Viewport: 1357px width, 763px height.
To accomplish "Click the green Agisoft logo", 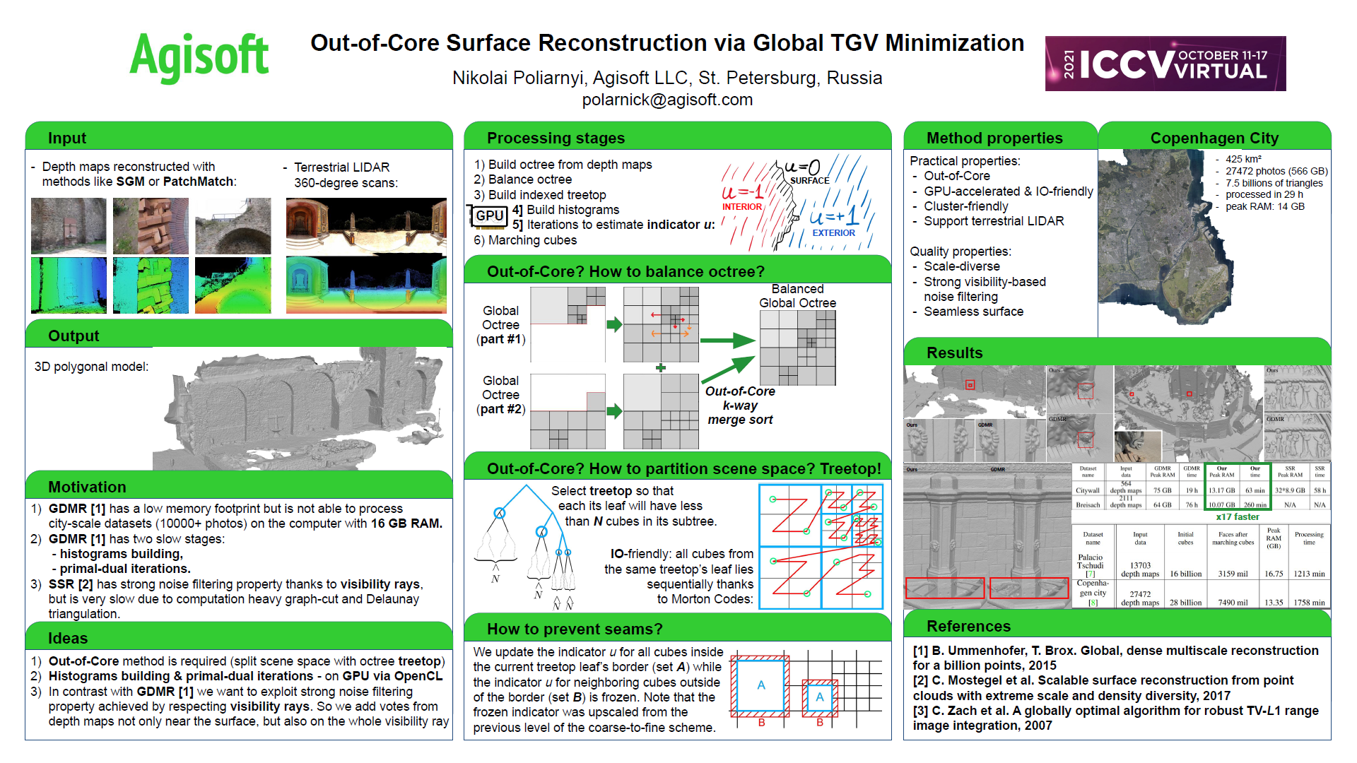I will pos(199,57).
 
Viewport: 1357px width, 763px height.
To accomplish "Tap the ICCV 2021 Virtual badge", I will pos(1165,64).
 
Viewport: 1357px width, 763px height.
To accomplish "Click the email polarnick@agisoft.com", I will pos(667,100).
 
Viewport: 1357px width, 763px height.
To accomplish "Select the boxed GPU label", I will pos(489,215).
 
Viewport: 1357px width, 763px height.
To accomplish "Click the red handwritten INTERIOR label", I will pos(741,207).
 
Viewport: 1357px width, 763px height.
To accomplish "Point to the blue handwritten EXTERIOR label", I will pos(833,232).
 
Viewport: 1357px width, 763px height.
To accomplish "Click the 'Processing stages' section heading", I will pos(556,138).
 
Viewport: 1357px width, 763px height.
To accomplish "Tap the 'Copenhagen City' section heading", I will pos(1214,138).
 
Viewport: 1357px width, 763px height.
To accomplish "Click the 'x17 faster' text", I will pos(1237,516).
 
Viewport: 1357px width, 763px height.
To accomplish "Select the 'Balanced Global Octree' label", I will pos(797,296).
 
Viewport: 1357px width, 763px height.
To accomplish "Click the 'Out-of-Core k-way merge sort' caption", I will pos(740,406).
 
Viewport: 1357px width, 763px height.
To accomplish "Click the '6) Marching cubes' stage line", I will pos(525,240).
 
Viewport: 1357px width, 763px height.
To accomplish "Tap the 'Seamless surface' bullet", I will pos(973,312).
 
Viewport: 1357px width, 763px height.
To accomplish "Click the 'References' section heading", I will pos(968,626).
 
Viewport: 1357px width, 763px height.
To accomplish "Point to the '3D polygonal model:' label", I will pos(91,367).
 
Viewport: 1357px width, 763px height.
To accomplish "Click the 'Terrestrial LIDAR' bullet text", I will pos(341,167).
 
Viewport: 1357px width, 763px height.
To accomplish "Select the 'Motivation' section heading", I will pos(87,487).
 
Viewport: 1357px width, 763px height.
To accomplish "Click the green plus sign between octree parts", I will pos(661,367).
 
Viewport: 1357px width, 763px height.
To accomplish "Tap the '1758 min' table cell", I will pos(1309,603).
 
